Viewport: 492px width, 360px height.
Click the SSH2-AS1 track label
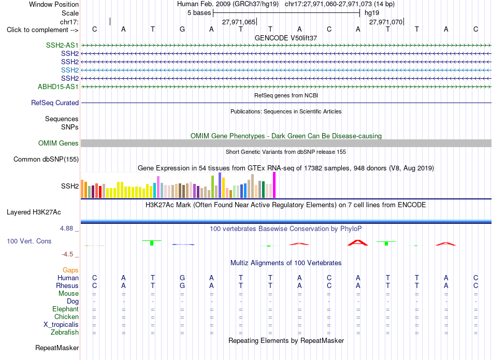click(x=62, y=45)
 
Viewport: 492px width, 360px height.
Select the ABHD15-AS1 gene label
click(x=58, y=87)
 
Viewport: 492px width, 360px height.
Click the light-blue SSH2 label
click(x=70, y=70)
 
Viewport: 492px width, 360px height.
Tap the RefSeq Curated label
click(x=55, y=103)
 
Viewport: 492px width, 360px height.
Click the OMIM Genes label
click(x=59, y=143)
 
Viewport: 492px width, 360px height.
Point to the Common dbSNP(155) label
click(x=46, y=159)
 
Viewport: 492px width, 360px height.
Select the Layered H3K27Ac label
click(x=34, y=212)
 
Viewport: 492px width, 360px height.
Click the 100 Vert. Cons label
click(x=29, y=241)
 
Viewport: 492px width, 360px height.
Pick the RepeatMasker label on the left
click(x=57, y=348)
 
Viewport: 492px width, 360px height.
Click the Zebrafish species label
click(x=65, y=332)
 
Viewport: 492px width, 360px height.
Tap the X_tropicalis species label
click(x=61, y=325)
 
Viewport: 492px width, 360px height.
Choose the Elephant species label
click(x=65, y=309)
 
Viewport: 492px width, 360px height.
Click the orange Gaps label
click(x=70, y=270)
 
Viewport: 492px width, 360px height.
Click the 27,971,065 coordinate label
click(x=239, y=22)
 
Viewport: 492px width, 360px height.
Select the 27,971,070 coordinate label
click(x=386, y=22)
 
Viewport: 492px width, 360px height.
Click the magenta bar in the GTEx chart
click(x=274, y=185)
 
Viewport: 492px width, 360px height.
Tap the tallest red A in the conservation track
click(x=358, y=242)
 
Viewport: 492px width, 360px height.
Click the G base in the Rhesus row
click(x=182, y=285)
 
